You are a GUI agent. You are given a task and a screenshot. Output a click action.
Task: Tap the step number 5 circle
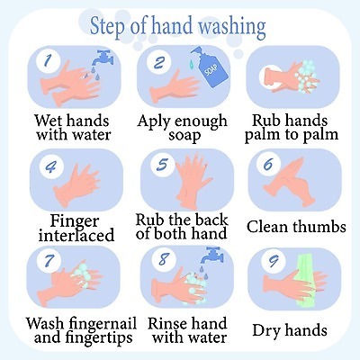pos(162,165)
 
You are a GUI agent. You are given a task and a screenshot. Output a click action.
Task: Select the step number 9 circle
pos(273,261)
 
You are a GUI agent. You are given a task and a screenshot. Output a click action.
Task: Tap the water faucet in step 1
pos(103,58)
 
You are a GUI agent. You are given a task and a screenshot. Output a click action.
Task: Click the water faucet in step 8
pos(211,254)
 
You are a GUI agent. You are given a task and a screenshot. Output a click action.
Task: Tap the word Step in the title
pos(107,27)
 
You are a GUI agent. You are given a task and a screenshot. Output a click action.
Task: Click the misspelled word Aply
pos(155,122)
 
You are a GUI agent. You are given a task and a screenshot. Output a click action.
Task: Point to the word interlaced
pos(76,235)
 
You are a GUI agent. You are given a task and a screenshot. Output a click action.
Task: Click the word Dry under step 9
pos(267,330)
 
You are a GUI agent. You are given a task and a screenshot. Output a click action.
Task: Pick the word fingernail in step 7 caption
pos(103,324)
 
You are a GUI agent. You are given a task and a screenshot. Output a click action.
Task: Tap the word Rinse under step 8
pos(167,324)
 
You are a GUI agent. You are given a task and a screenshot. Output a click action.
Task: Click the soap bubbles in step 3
pos(306,76)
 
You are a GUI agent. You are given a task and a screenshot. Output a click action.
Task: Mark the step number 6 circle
pos(268,165)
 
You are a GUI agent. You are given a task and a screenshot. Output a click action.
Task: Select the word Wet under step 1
pos(48,121)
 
